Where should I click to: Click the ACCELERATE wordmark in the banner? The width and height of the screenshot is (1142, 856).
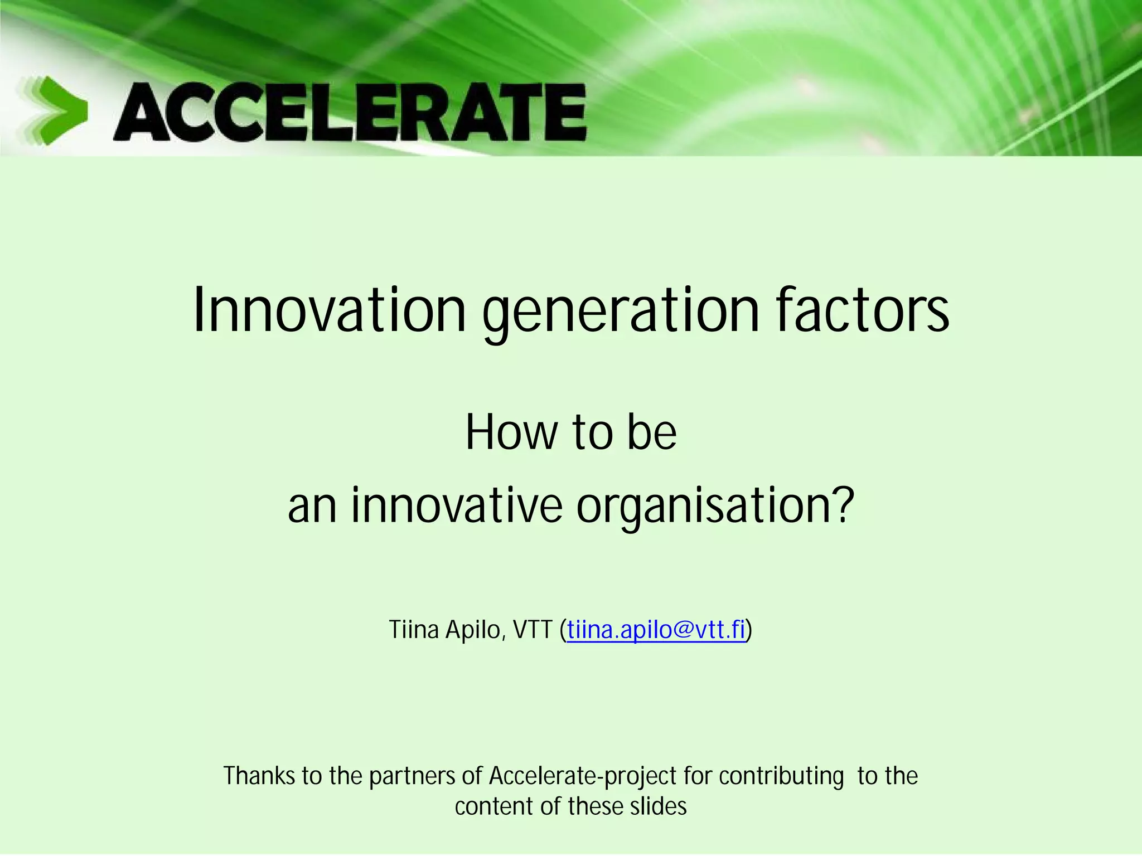(x=350, y=112)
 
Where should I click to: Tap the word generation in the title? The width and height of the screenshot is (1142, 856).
(x=621, y=311)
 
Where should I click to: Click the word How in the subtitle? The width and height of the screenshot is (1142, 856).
(x=511, y=432)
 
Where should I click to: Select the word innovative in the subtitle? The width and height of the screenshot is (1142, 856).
(x=457, y=505)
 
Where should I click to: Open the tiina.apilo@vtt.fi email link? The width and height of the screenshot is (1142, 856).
(x=656, y=630)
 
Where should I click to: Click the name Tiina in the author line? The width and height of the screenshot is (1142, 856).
(x=414, y=630)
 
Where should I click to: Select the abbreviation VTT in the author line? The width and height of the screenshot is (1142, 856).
(x=533, y=630)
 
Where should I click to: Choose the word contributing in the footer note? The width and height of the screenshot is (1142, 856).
(x=781, y=776)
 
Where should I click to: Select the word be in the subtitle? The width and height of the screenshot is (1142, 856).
(x=651, y=432)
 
